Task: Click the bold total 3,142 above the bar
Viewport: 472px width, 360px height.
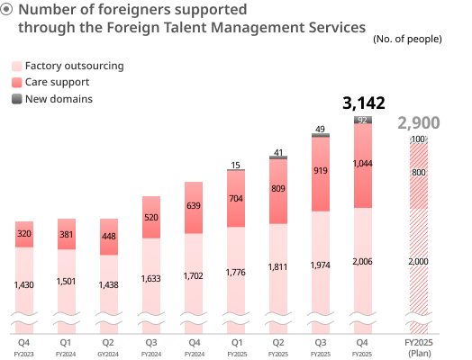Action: tap(363, 103)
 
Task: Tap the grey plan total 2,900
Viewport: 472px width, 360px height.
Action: tap(419, 123)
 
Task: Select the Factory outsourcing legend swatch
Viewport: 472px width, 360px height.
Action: tap(16, 67)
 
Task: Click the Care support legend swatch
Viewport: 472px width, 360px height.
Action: tap(16, 83)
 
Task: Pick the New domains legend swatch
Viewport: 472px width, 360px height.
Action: tap(16, 99)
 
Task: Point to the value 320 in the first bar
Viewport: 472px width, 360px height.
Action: tap(24, 234)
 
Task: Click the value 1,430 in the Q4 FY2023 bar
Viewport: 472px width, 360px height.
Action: tap(24, 285)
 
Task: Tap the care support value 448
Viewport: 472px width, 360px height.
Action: tap(109, 237)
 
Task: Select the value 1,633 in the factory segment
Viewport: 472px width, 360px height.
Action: tap(151, 279)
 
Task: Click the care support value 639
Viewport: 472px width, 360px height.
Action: tap(194, 206)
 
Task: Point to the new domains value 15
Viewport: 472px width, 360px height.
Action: tap(236, 165)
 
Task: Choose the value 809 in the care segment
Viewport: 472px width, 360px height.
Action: tap(278, 189)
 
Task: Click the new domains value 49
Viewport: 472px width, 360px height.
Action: tap(321, 130)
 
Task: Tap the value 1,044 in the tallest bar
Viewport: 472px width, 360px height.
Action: tap(363, 164)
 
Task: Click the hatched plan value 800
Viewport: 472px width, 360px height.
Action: tap(419, 172)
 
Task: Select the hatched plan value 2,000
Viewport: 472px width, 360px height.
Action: tap(419, 261)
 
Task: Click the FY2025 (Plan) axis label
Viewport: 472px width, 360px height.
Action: tap(419, 347)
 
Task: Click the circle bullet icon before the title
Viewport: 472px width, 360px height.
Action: tap(7, 10)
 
